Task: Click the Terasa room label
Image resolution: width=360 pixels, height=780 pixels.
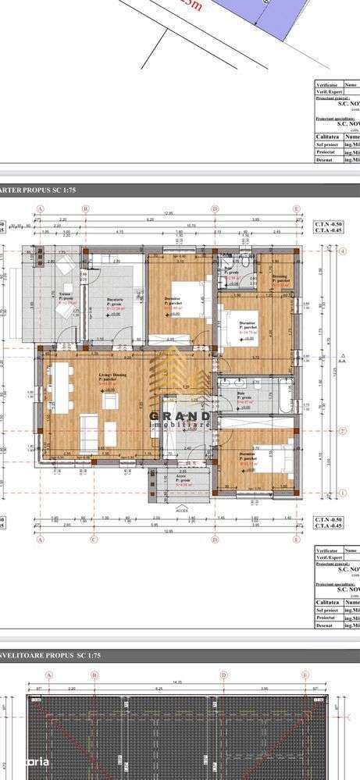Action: (x=66, y=296)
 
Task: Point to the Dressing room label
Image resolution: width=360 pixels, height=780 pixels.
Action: (x=280, y=277)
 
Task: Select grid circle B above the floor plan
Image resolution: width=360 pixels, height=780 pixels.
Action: (x=87, y=208)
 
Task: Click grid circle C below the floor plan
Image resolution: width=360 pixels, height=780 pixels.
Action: (x=93, y=538)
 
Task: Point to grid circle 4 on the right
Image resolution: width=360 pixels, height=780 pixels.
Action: (x=343, y=251)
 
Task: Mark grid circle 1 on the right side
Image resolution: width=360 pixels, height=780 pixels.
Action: (x=343, y=493)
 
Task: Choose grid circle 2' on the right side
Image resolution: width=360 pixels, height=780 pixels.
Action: (x=343, y=430)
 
